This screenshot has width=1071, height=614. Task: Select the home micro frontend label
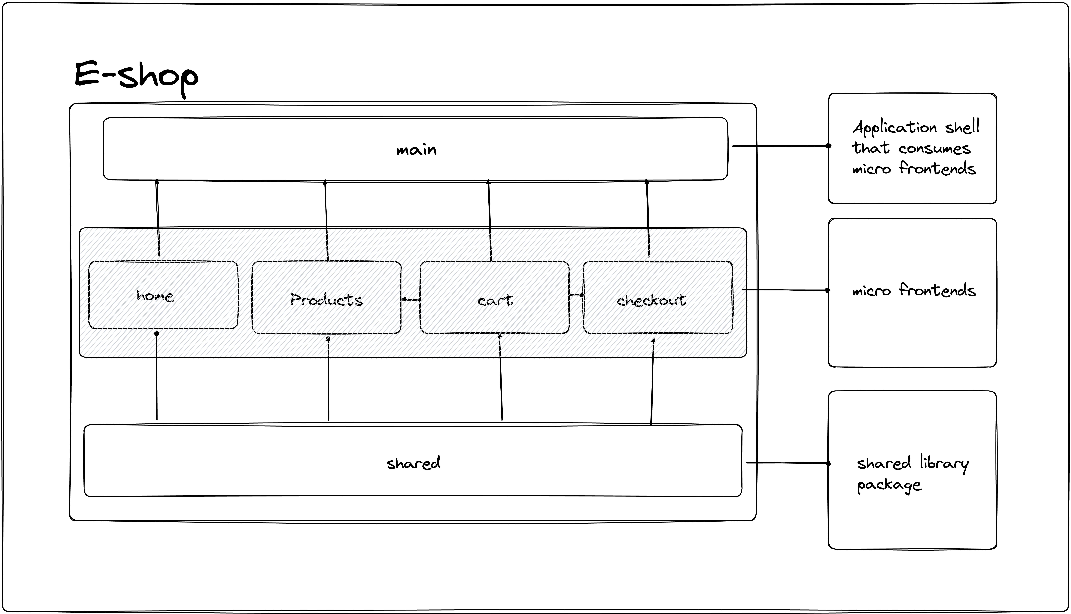[155, 296]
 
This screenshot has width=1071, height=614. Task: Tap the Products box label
[326, 300]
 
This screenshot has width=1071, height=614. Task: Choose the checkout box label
[651, 300]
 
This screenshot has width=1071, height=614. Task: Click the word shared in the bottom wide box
[413, 463]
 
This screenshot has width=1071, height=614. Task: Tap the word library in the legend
[944, 463]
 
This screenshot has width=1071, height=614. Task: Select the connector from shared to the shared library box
[787, 463]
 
